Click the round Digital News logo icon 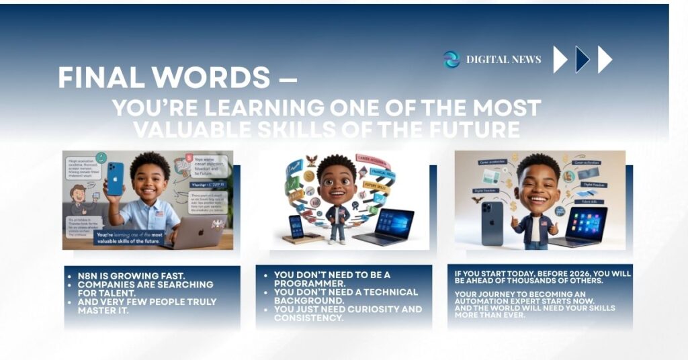(451, 60)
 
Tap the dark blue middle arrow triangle (583, 60)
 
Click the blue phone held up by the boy (115, 179)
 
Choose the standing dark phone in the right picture (492, 222)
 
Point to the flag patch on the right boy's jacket (542, 220)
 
